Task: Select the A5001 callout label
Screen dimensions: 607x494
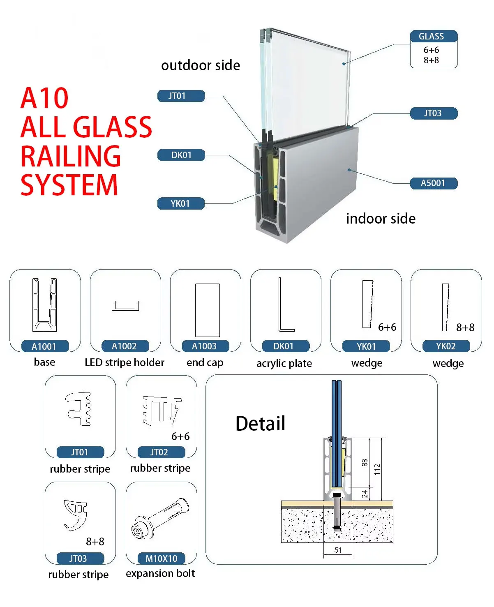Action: coord(433,183)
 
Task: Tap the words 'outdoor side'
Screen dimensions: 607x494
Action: coord(201,65)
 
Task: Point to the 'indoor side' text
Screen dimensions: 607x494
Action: coord(381,219)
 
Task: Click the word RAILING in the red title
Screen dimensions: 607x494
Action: coord(71,156)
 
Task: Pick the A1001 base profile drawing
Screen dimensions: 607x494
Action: coord(44,305)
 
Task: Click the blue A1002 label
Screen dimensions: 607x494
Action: coord(124,346)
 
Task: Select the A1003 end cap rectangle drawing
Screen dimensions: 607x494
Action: coord(207,310)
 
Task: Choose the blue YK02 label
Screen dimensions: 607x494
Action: coord(446,346)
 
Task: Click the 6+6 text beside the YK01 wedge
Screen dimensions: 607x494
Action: coord(387,327)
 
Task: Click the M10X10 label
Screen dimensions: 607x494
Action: coord(161,559)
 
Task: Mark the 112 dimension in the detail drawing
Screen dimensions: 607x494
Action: coord(377,469)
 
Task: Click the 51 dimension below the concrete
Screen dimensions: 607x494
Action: coord(338,550)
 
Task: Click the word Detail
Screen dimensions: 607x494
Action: coord(260,423)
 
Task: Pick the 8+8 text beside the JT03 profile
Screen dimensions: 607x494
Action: coord(95,542)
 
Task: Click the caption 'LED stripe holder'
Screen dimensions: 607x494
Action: coord(124,362)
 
